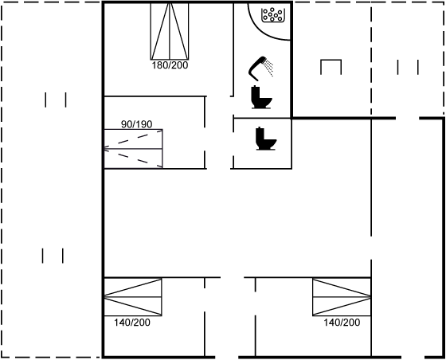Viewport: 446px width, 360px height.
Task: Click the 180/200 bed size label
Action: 170,65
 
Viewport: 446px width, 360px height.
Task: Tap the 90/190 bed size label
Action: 136,124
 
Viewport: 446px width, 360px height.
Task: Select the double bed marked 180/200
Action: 170,31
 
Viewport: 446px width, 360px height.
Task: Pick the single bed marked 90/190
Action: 134,149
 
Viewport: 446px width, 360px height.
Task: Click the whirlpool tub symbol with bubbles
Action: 273,15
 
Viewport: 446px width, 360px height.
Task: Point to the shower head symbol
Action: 257,68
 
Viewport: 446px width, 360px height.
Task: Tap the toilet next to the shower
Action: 261,97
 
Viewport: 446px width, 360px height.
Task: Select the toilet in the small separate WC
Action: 266,139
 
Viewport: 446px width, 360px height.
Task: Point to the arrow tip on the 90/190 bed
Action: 104,149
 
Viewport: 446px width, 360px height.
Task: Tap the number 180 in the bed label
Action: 159,65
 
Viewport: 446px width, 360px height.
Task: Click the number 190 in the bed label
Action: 144,124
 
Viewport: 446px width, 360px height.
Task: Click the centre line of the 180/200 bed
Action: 170,31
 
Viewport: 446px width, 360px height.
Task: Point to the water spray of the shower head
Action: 269,68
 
